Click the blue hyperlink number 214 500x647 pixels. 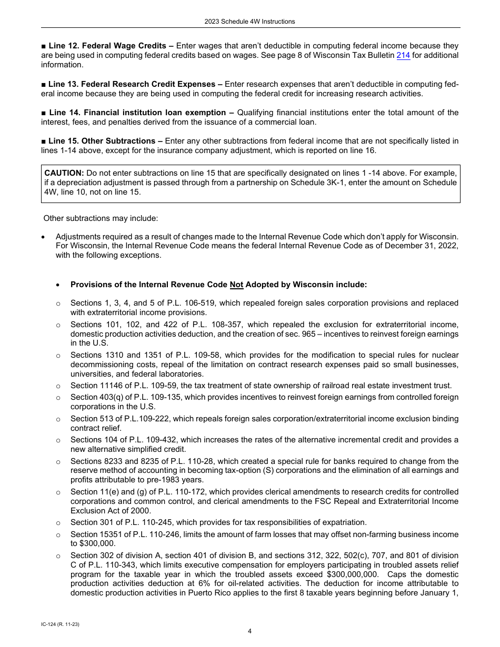403,55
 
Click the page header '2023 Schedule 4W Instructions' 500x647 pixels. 250,22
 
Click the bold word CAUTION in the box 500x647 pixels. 64,173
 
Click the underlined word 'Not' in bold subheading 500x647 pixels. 236,285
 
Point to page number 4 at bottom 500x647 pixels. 250,631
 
